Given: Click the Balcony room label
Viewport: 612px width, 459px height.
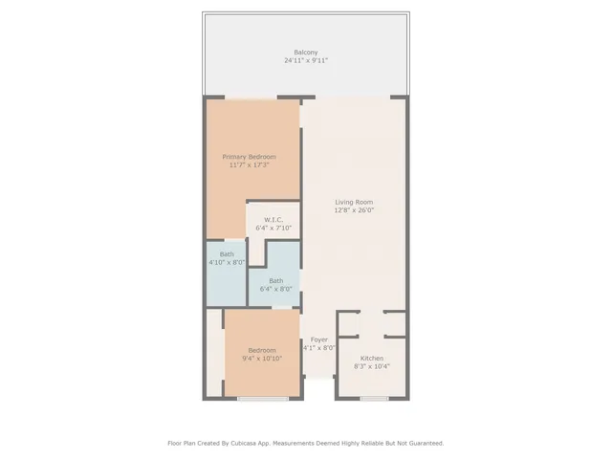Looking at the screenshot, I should click(x=305, y=52).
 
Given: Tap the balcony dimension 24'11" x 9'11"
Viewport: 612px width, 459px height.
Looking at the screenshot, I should click(x=305, y=60).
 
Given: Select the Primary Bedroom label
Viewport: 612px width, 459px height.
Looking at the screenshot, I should click(x=249, y=157).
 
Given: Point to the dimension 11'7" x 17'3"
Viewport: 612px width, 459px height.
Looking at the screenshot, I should click(x=249, y=165).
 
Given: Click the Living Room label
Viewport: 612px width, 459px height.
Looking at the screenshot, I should click(x=353, y=202).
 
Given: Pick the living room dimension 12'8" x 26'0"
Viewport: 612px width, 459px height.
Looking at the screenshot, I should click(x=353, y=210).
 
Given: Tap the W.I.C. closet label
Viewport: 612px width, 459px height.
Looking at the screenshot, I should click(x=274, y=220).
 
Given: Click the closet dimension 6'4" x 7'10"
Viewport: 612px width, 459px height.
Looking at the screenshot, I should click(x=274, y=229).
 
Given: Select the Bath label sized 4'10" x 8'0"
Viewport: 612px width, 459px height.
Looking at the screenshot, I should click(x=226, y=253).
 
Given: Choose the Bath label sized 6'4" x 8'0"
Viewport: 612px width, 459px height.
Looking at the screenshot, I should click(x=275, y=280).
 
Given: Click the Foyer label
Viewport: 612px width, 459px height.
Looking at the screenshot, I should click(x=318, y=339).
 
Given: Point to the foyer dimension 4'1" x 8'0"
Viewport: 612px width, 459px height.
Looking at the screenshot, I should click(x=318, y=348).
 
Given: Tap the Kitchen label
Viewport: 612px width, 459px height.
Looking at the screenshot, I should click(x=371, y=358).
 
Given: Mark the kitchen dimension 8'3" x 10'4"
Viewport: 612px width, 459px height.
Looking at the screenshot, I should click(x=371, y=366).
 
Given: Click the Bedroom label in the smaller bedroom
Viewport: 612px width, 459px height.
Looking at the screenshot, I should click(x=262, y=350).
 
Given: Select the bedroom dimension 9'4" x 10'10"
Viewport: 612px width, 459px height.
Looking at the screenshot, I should click(x=262, y=359).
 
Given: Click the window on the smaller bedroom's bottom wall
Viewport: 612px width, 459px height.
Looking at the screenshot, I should click(x=263, y=398).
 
